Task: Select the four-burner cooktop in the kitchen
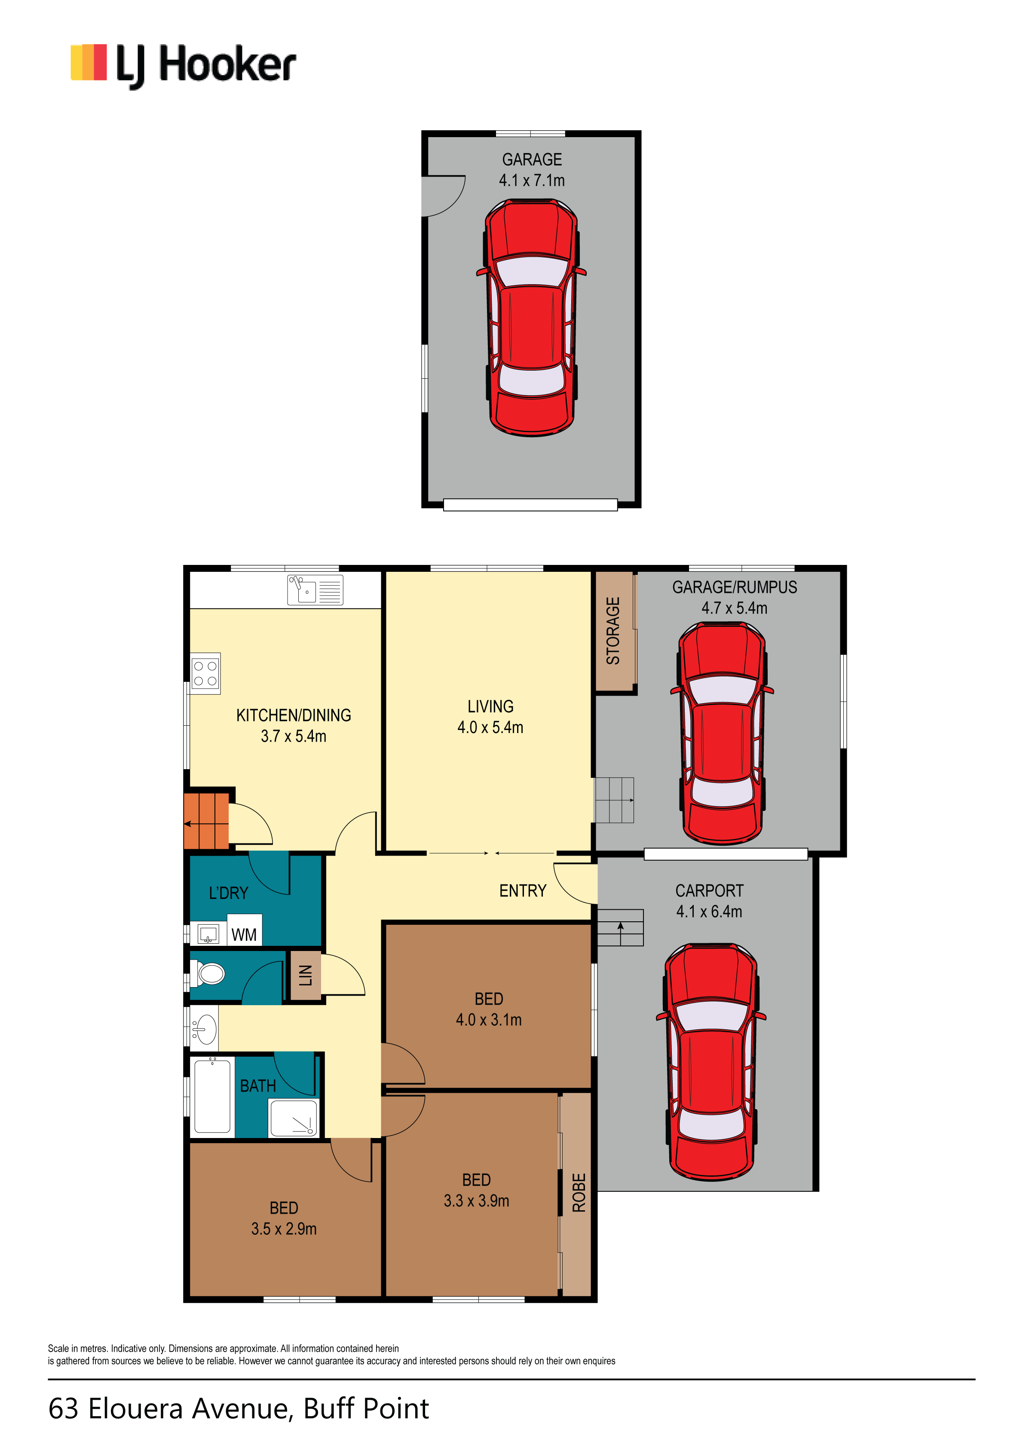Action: click(205, 674)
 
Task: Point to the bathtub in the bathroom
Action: click(212, 1096)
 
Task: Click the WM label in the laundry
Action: click(244, 935)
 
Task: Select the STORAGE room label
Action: click(613, 631)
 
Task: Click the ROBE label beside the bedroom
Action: click(579, 1193)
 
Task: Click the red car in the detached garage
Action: click(531, 317)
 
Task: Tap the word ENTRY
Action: click(523, 890)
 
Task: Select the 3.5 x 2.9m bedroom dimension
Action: click(284, 1229)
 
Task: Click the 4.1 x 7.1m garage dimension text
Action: click(532, 181)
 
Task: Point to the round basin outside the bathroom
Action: click(204, 1029)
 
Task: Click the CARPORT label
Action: click(710, 890)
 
